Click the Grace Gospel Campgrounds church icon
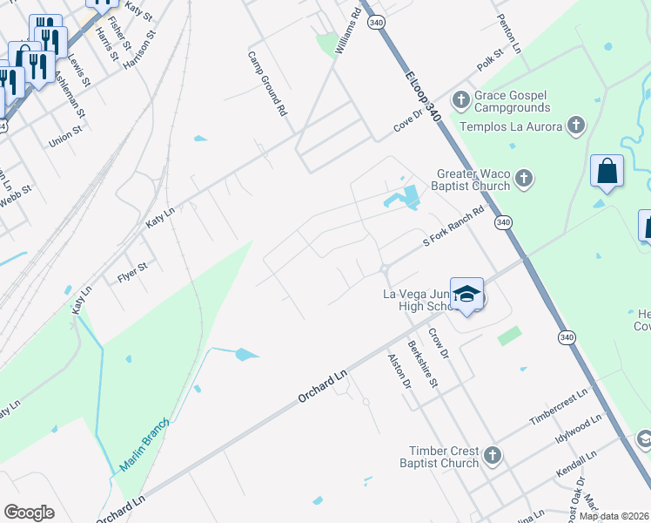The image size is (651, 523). [x=460, y=97]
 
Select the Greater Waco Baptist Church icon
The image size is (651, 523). [x=523, y=180]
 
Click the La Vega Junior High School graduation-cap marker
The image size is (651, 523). [x=466, y=295]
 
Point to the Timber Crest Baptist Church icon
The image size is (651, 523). [x=493, y=455]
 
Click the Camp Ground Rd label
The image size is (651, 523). [x=267, y=84]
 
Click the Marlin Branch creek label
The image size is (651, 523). [x=143, y=444]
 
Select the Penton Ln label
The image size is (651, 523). [x=509, y=33]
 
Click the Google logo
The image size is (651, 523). [x=29, y=513]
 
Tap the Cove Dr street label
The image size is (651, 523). [x=407, y=118]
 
